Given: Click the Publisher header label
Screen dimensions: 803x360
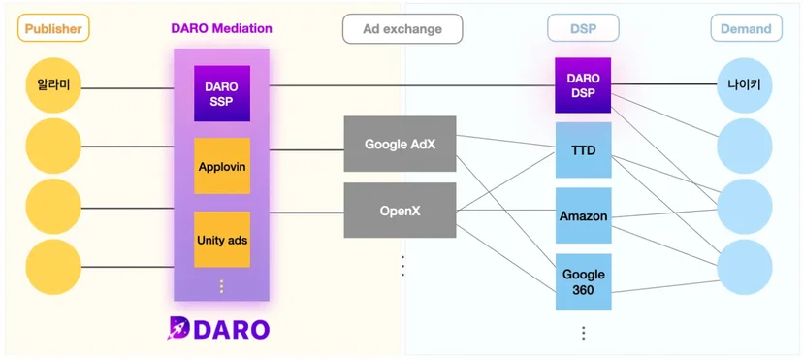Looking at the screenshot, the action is [53, 27].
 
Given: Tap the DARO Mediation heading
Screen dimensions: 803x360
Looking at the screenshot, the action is [222, 28].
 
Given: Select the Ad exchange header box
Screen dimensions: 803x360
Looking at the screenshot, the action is [402, 28].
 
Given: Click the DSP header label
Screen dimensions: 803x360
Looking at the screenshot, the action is [583, 28].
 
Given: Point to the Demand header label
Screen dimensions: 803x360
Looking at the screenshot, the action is [746, 28].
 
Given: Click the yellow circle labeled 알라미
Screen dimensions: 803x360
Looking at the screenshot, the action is [53, 85].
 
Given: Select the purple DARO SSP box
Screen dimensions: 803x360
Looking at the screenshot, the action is [222, 93].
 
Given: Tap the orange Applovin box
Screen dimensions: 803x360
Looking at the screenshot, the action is [222, 165].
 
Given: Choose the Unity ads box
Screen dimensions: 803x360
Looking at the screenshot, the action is [222, 239].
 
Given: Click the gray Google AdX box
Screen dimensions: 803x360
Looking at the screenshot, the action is [400, 144].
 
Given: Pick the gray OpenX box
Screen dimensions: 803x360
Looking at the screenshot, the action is [400, 211].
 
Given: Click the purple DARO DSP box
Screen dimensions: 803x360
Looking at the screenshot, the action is [583, 85].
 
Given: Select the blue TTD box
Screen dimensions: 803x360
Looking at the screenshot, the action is [583, 150].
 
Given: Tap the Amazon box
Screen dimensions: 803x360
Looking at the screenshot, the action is [583, 215].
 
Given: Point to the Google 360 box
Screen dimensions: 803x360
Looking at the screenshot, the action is [583, 281].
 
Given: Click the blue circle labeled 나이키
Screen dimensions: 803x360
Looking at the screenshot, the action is [745, 85].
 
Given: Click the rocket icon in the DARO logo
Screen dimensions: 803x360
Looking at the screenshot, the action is [178, 328].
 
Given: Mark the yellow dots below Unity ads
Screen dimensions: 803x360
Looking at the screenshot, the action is [222, 286].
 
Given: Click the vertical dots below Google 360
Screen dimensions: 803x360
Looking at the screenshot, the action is [583, 333].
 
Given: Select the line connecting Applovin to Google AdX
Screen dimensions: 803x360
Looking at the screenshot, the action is [306, 150].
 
